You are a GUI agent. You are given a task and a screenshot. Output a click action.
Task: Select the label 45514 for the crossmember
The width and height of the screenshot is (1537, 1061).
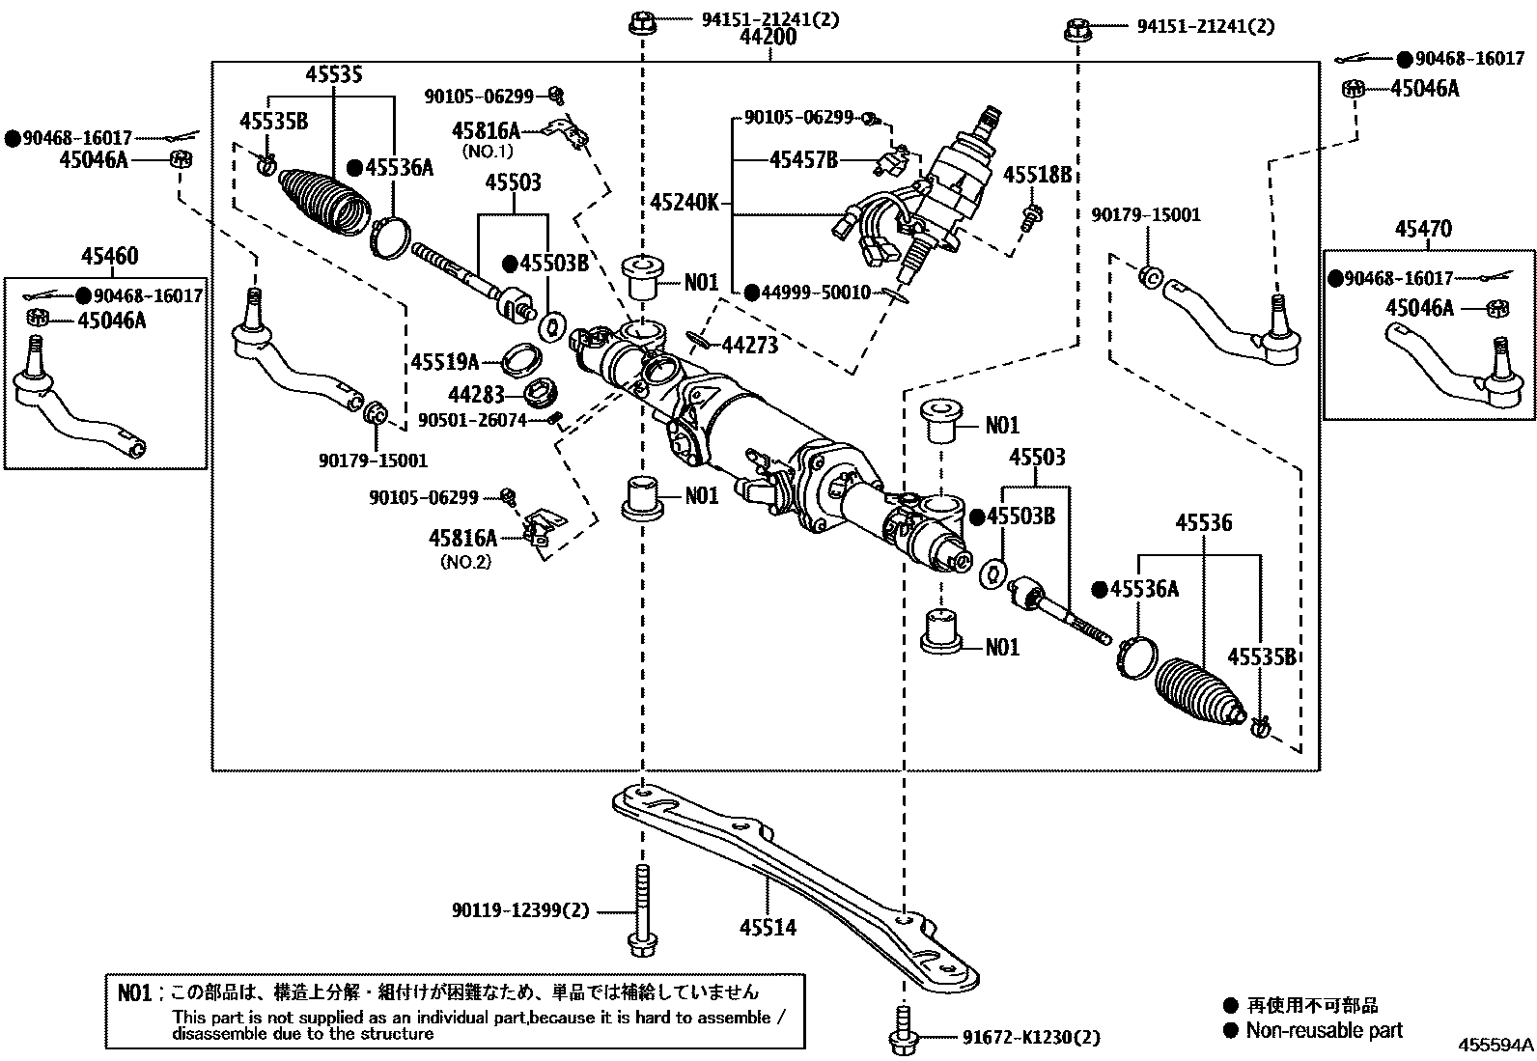768,928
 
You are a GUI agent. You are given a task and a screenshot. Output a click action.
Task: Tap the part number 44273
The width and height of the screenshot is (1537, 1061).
750,344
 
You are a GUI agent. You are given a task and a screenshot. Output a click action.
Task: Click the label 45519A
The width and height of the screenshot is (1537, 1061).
445,362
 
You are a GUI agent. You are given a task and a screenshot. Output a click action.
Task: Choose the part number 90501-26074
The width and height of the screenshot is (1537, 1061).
472,420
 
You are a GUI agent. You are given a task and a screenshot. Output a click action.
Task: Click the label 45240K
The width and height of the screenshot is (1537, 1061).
685,204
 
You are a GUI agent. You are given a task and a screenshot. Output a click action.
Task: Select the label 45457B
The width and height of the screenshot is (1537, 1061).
803,160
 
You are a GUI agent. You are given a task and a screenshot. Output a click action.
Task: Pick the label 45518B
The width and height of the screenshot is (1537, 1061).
1038,175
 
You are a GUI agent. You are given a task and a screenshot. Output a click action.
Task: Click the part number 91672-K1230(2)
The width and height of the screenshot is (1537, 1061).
1031,1038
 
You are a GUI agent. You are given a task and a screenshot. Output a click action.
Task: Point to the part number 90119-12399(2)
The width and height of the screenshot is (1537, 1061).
519,909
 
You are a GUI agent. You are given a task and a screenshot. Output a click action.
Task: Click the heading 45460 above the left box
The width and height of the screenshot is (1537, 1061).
109,257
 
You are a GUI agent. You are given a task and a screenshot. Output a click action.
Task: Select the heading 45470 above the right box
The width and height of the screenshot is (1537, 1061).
1423,229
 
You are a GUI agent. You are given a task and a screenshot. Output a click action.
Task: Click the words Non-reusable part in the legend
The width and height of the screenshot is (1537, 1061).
1324,1030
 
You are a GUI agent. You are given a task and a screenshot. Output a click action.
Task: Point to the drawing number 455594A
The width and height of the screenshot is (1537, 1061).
1495,1046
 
